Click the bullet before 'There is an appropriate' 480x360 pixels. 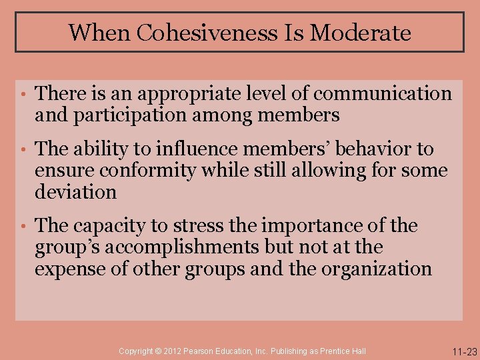(22, 95)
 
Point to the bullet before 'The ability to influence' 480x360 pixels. (22, 149)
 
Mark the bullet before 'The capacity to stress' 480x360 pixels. (22, 226)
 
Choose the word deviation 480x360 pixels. (75, 193)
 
